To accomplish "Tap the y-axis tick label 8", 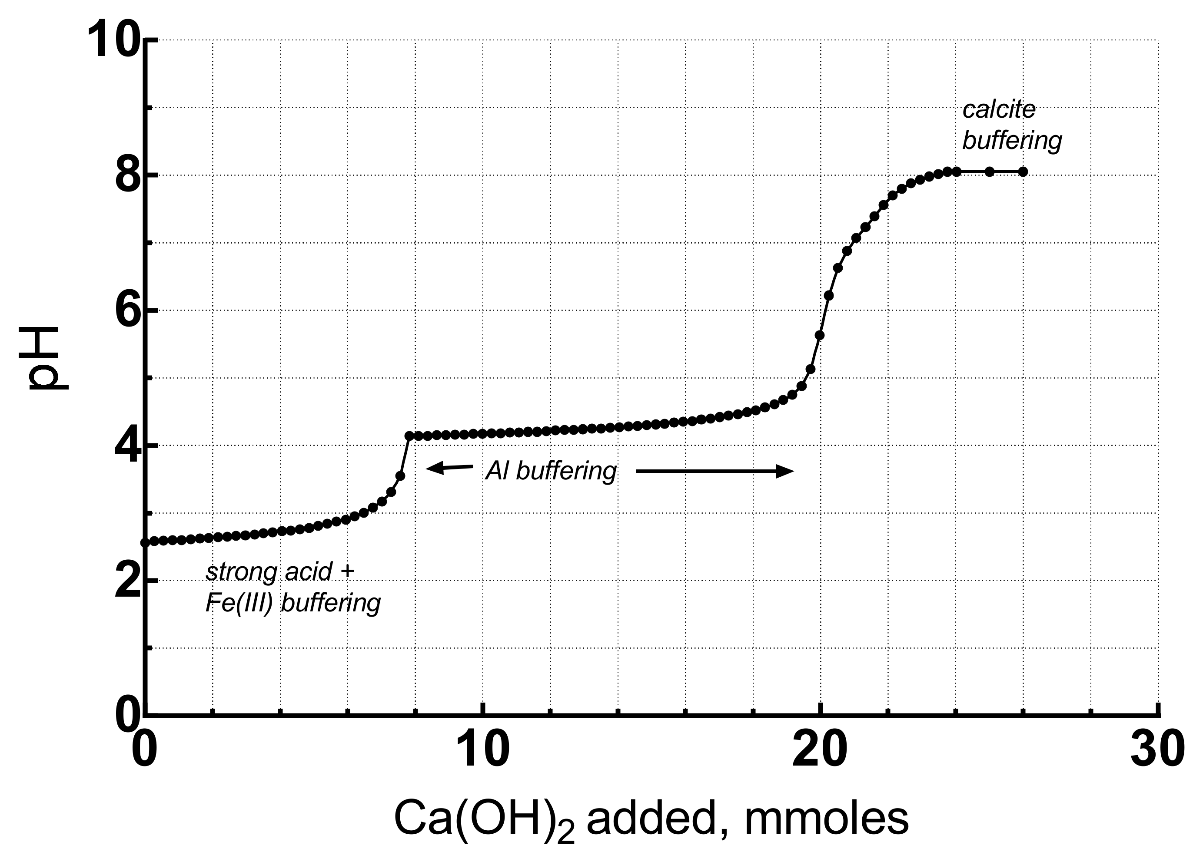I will click(x=128, y=176).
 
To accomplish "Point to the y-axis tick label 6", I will click(x=128, y=311).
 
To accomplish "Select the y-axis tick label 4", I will click(x=128, y=446).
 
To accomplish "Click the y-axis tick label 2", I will click(x=128, y=581).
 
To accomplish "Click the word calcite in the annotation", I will click(x=999, y=110).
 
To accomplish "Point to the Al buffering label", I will click(x=551, y=471).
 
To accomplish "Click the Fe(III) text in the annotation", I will click(x=238, y=603).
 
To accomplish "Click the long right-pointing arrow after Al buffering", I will click(x=714, y=471).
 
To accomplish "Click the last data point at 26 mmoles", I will click(x=1023, y=172).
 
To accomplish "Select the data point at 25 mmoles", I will click(x=989, y=172).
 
